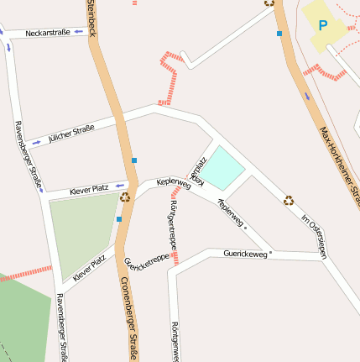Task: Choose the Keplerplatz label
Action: tap(199, 169)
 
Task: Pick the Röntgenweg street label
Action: tap(174, 340)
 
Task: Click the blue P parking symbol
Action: tap(323, 25)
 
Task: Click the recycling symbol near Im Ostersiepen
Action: tap(289, 200)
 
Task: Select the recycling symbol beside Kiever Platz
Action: tap(125, 198)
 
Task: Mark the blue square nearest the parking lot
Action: tap(279, 34)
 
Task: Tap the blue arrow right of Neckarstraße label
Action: tap(79, 32)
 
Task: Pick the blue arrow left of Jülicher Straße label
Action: tap(37, 142)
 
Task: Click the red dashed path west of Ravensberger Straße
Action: tap(25, 273)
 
